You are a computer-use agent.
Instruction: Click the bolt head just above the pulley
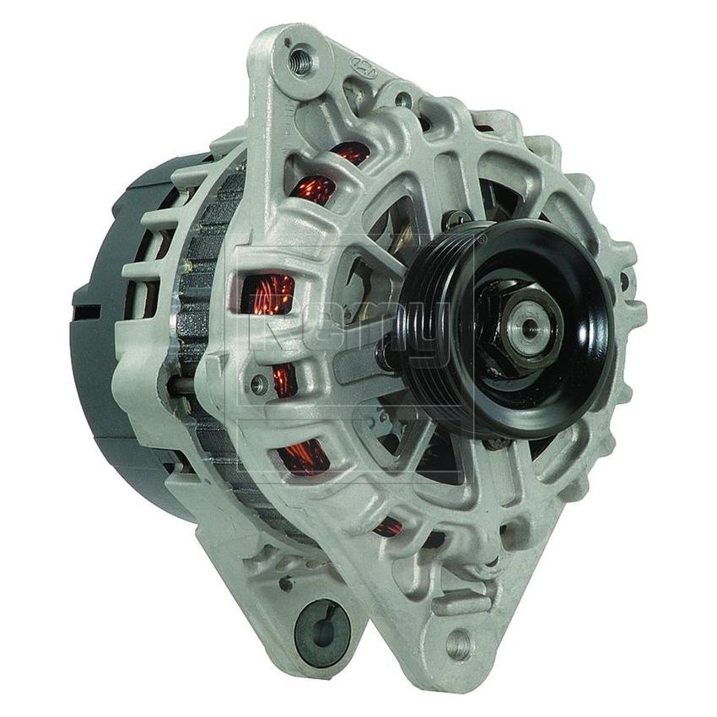(460, 218)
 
